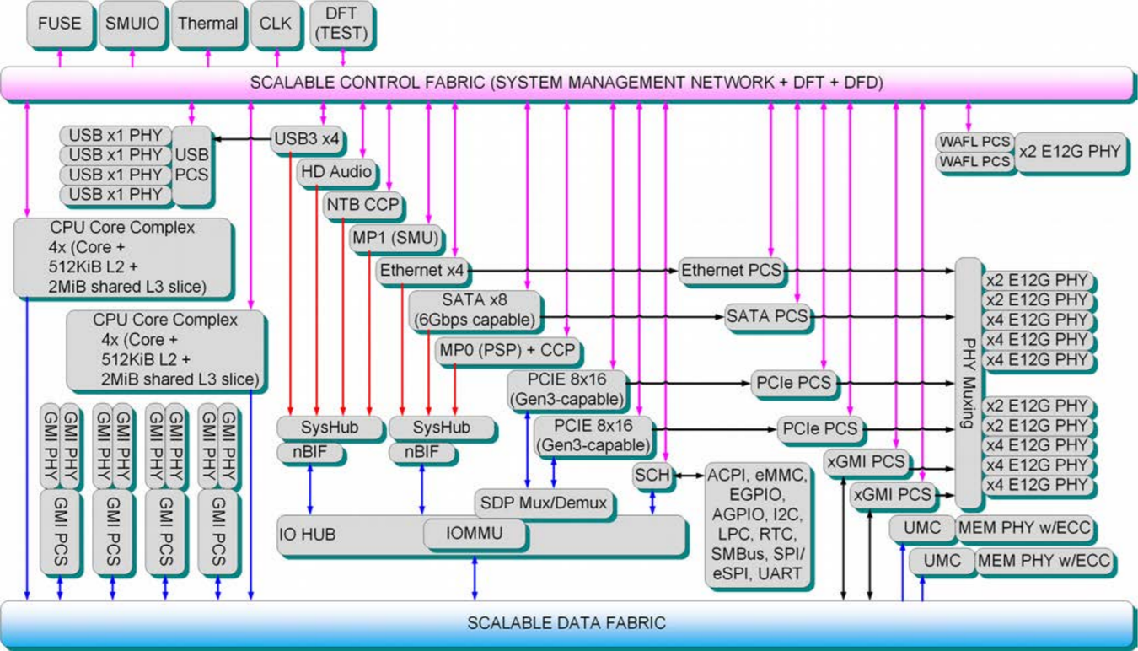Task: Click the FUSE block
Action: [60, 24]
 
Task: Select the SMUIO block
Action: [132, 24]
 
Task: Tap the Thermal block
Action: [207, 24]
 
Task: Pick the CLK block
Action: [275, 24]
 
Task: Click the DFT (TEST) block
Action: [342, 24]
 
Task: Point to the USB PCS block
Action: [192, 164]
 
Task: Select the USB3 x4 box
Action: [308, 139]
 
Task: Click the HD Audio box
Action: [335, 172]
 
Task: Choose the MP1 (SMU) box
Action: [396, 238]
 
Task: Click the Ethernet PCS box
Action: [731, 271]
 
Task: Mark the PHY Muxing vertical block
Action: [969, 383]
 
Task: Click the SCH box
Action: [652, 476]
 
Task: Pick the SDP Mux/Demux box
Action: [544, 503]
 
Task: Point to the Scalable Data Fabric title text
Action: [566, 623]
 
